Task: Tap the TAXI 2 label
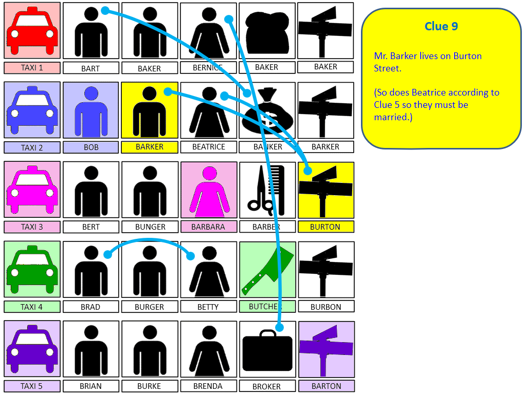[32, 147]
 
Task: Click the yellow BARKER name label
[150, 147]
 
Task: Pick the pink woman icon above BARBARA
[209, 190]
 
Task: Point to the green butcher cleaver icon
[267, 270]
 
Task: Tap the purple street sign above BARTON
[326, 349]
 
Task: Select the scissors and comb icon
[267, 190]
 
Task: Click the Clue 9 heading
[441, 26]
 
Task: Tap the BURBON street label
[326, 307]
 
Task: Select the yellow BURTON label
[326, 227]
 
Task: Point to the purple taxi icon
[32, 349]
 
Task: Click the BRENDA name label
[208, 386]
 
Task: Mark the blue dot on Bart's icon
[104, 10]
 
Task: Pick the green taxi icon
[32, 270]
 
